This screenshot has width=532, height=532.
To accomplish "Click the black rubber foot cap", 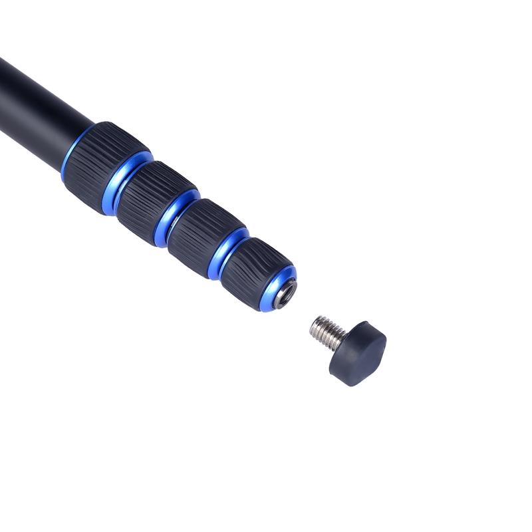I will [x=359, y=352].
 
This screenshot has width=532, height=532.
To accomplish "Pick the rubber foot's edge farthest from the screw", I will [x=379, y=362].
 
